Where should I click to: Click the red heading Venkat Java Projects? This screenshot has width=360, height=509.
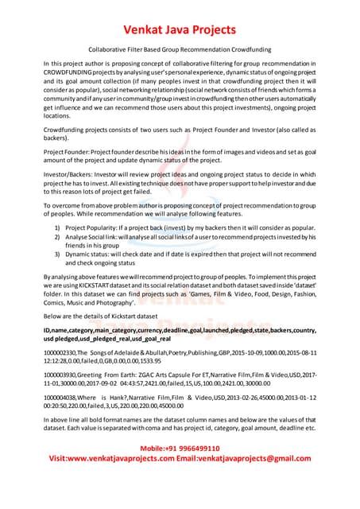[x=180, y=30]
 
